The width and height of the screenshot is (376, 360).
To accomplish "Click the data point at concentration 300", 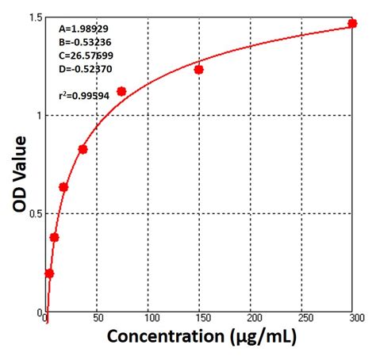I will coord(352,24).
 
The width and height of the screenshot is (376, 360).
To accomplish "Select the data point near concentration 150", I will coord(198,70).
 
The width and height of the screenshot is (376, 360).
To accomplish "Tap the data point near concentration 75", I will coord(121,91).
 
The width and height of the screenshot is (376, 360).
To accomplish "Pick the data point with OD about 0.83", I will coord(82,149).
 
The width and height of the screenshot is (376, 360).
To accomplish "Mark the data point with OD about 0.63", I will coord(63,187).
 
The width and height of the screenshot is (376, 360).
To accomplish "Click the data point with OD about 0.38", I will coord(54,237).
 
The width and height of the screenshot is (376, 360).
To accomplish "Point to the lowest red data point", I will coord(49,274).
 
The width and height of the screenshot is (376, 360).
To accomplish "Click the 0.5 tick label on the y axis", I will coord(32,213).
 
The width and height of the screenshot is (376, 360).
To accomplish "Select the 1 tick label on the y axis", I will coord(36,115).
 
